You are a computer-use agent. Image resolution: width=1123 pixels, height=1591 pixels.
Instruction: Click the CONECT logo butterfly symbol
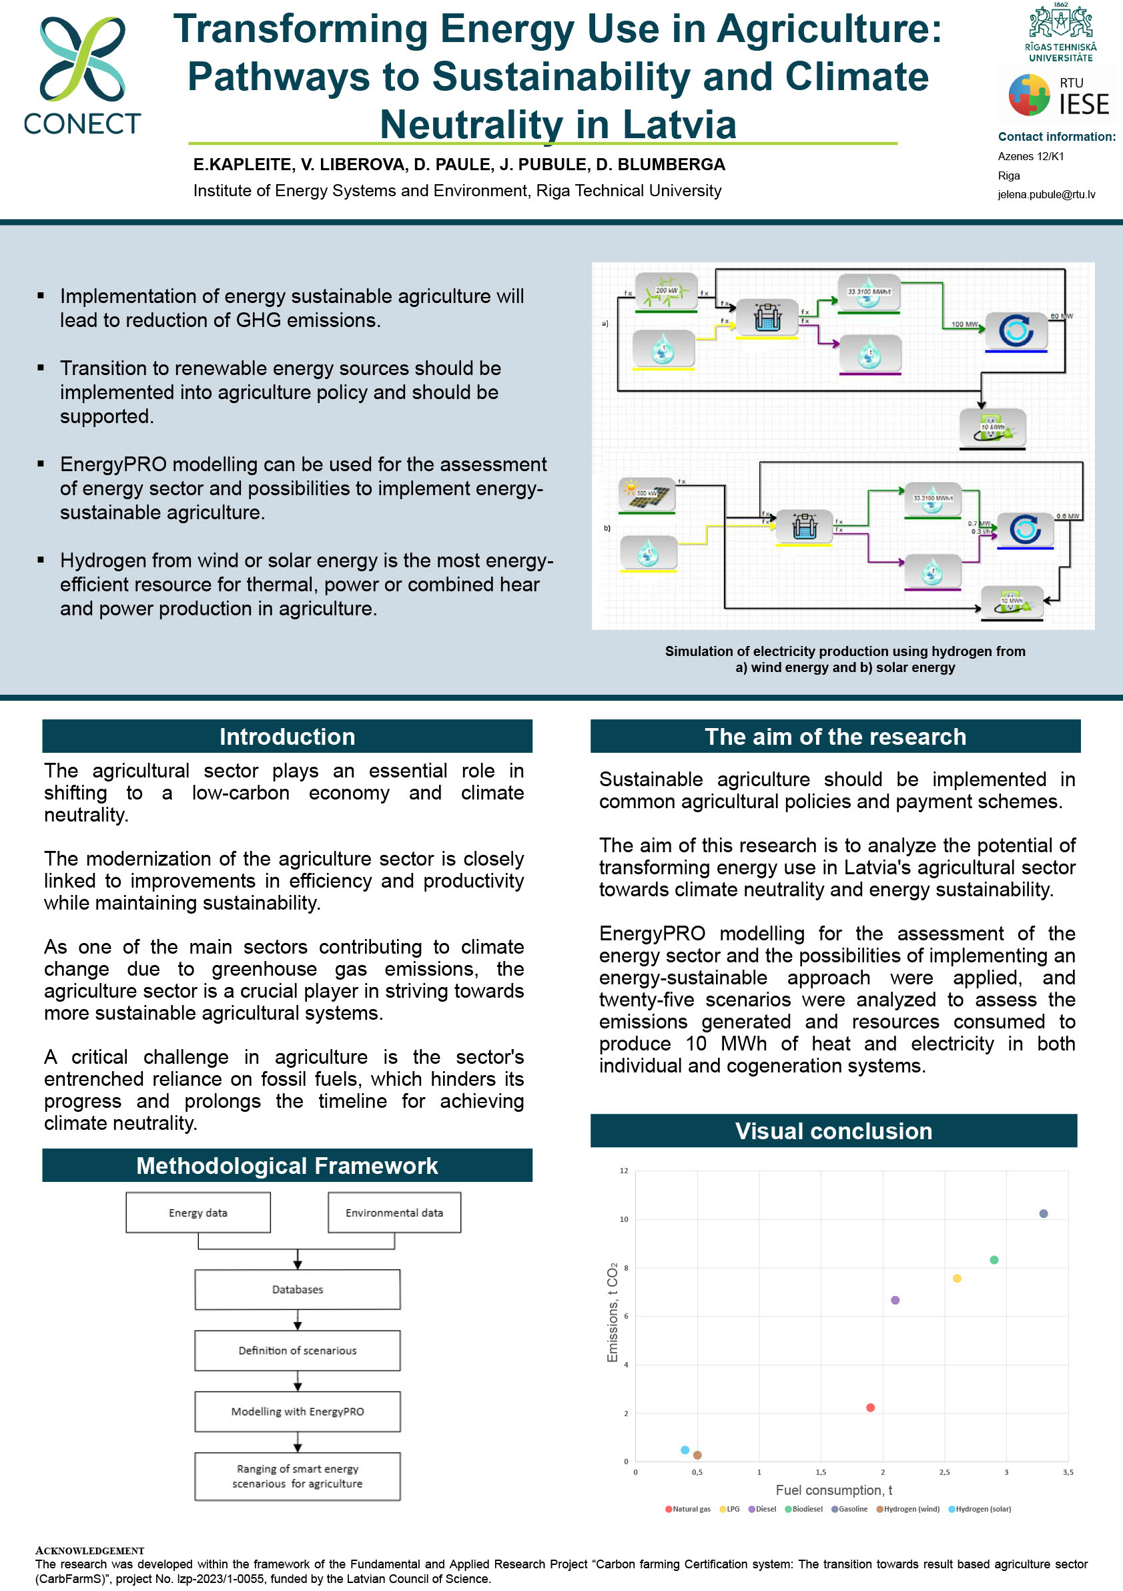(83, 59)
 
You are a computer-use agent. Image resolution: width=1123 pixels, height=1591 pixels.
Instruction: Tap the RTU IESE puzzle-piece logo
(1030, 95)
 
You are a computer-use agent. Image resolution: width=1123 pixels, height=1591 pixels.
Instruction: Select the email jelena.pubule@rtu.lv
(1046, 195)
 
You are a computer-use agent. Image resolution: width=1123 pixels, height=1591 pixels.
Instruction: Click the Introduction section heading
(287, 737)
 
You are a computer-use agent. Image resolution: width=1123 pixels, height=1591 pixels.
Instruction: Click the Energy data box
(198, 1213)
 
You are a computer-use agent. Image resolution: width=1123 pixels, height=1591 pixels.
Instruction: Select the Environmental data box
(394, 1213)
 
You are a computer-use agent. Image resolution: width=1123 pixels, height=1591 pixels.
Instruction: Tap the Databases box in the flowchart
(297, 1289)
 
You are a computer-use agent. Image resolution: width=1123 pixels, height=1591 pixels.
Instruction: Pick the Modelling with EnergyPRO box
(297, 1411)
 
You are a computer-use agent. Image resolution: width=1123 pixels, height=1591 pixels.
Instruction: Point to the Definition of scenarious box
(297, 1351)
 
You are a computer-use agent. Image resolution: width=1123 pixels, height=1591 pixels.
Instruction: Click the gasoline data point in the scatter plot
(1044, 1213)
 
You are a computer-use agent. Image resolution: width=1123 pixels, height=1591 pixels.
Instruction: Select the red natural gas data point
(870, 1407)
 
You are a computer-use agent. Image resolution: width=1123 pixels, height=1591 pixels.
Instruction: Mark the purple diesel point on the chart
(895, 1300)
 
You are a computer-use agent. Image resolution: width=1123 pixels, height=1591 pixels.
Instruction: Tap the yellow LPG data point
(957, 1279)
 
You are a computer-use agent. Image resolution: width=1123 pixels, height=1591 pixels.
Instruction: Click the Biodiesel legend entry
(804, 1508)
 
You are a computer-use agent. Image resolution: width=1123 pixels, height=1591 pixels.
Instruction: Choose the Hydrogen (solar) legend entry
(980, 1508)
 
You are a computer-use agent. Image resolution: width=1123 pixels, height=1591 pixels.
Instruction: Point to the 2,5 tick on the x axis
(944, 1472)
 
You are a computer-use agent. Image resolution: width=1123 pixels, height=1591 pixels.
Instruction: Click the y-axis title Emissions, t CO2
(613, 1313)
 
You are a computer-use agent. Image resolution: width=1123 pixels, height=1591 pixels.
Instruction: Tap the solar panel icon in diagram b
(647, 494)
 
